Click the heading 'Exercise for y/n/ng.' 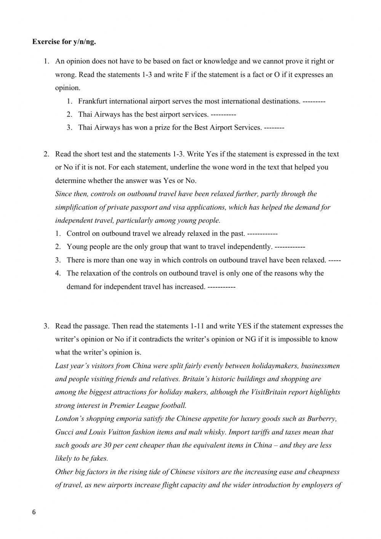(64, 42)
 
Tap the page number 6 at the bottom (34, 512)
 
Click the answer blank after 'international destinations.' (314, 101)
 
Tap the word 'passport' (143, 208)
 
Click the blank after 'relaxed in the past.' (262, 234)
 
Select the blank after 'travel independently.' (290, 247)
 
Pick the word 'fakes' (99, 459)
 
